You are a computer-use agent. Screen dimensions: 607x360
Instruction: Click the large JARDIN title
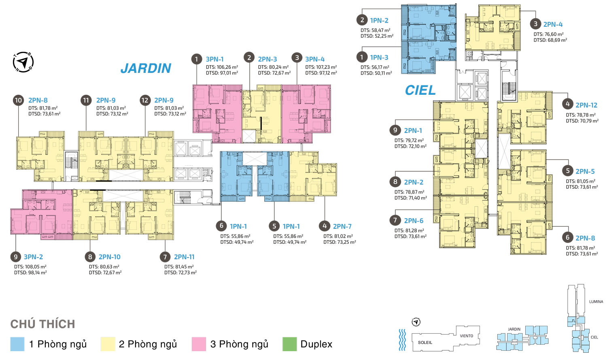click(x=146, y=68)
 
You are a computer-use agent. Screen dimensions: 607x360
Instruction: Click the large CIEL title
click(x=420, y=90)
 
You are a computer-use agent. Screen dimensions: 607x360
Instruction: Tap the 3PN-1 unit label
click(x=214, y=59)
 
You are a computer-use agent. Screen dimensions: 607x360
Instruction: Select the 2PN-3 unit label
click(x=267, y=59)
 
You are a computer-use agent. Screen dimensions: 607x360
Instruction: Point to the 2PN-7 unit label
click(x=342, y=226)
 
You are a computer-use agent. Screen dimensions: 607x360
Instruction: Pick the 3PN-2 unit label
click(x=33, y=257)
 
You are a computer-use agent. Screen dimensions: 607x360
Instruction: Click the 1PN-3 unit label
click(x=379, y=58)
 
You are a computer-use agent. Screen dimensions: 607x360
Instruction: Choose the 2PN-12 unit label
click(x=586, y=105)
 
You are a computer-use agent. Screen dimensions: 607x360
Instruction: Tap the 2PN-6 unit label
click(x=414, y=221)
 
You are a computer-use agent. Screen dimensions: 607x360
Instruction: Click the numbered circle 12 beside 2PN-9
click(x=145, y=100)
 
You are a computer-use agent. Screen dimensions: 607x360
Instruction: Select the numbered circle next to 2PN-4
click(x=535, y=24)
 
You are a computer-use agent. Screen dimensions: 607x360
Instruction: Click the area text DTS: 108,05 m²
click(x=30, y=267)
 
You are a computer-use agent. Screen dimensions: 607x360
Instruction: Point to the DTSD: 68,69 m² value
click(x=550, y=40)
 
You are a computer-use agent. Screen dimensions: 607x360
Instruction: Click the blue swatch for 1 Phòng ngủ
click(x=17, y=344)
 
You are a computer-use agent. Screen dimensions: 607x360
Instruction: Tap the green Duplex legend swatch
click(x=289, y=344)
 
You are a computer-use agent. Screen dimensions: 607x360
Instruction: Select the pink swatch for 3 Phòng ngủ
click(x=199, y=344)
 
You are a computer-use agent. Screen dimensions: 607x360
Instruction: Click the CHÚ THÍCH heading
click(x=42, y=324)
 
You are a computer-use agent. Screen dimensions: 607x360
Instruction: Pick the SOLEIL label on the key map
click(x=425, y=342)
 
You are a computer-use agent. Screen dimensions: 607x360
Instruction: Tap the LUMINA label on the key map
click(x=596, y=301)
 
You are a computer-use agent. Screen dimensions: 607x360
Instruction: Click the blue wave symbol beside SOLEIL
click(x=403, y=340)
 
